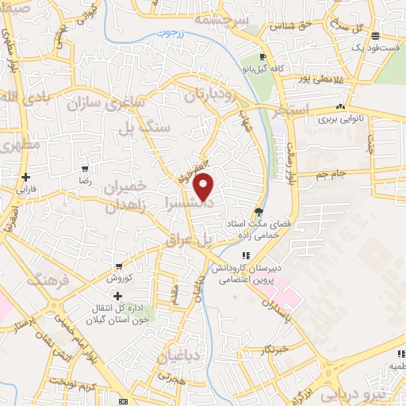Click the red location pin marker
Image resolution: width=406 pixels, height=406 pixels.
(x=205, y=186)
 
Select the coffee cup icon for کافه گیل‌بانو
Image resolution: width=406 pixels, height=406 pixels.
(x=263, y=57)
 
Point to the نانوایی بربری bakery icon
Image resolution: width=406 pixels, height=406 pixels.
(x=340, y=107)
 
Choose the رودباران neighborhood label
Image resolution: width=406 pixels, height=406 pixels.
(x=209, y=96)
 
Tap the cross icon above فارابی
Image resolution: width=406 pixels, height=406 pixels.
(x=25, y=177)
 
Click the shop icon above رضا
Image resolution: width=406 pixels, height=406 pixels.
(x=85, y=169)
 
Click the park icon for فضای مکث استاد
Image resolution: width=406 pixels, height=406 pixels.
(x=258, y=210)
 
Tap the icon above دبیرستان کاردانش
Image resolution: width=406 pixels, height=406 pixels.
(x=247, y=255)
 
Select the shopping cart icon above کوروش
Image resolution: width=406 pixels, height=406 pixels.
(x=118, y=266)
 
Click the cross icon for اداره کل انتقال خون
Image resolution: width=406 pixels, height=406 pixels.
(x=118, y=296)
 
